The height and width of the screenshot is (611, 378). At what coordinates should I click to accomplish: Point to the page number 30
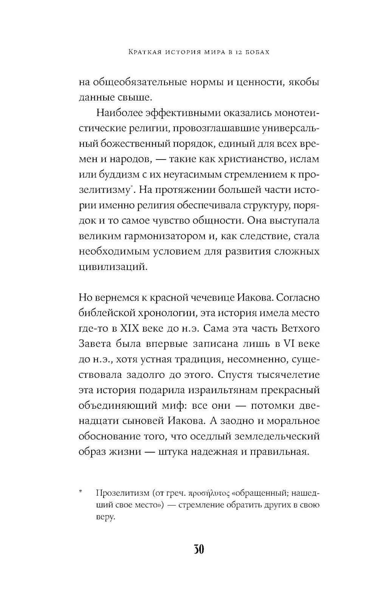199,549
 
